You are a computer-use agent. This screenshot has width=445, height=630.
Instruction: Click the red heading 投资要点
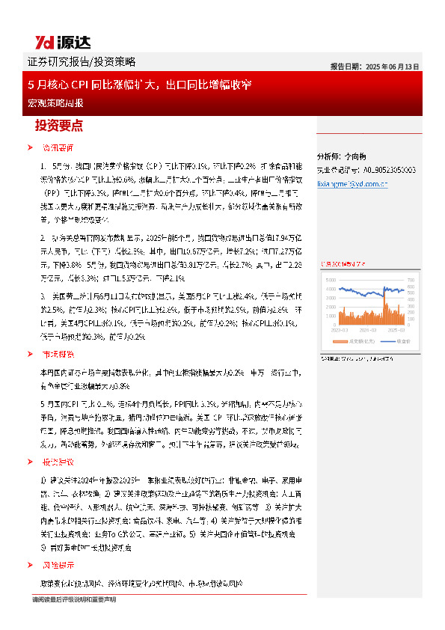(x=59, y=126)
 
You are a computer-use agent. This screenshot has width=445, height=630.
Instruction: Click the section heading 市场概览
(x=57, y=354)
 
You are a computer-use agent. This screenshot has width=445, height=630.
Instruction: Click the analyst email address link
(x=352, y=182)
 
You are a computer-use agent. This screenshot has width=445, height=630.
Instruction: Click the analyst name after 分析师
(x=356, y=157)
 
